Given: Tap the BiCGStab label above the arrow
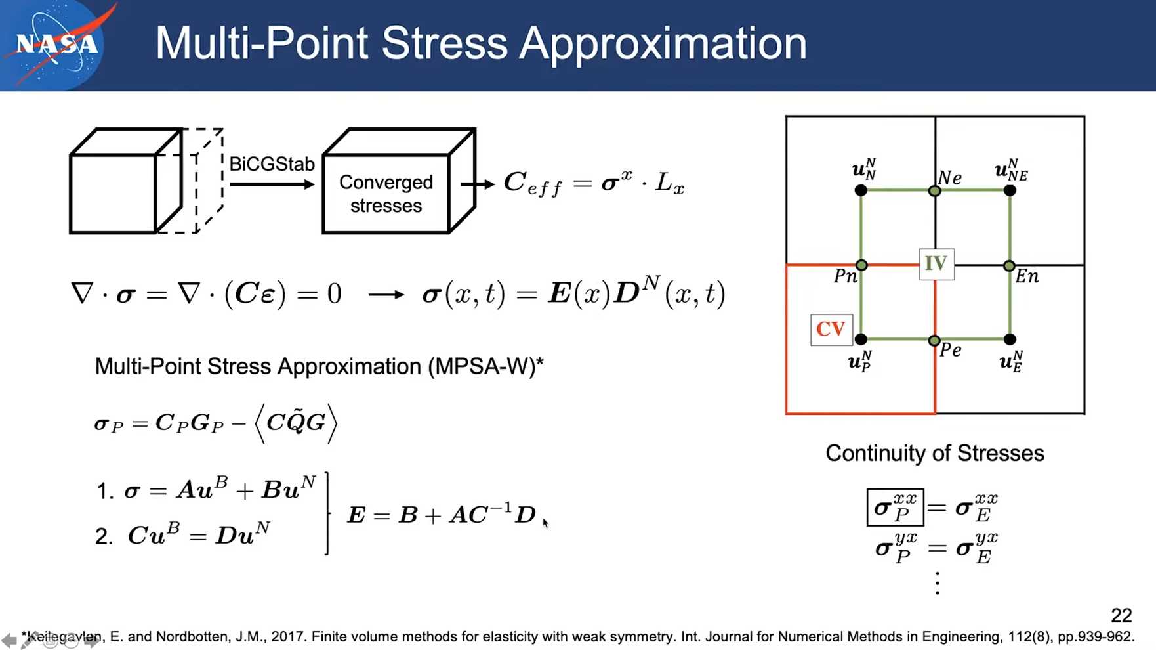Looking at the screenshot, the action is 272,163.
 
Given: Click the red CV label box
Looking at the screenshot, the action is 831,330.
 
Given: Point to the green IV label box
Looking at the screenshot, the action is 936,264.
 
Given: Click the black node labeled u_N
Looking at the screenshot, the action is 861,190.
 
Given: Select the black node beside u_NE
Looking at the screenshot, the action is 1010,190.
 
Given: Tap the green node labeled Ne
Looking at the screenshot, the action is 935,191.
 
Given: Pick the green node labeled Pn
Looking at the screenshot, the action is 861,265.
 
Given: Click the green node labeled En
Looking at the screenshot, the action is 1009,266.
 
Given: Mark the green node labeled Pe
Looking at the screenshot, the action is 934,341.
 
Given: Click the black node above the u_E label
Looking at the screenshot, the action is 1010,339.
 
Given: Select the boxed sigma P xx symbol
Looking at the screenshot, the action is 895,507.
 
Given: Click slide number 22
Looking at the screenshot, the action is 1121,615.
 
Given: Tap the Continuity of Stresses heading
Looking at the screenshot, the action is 935,453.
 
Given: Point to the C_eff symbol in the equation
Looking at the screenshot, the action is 533,183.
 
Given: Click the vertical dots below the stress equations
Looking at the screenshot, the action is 938,583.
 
